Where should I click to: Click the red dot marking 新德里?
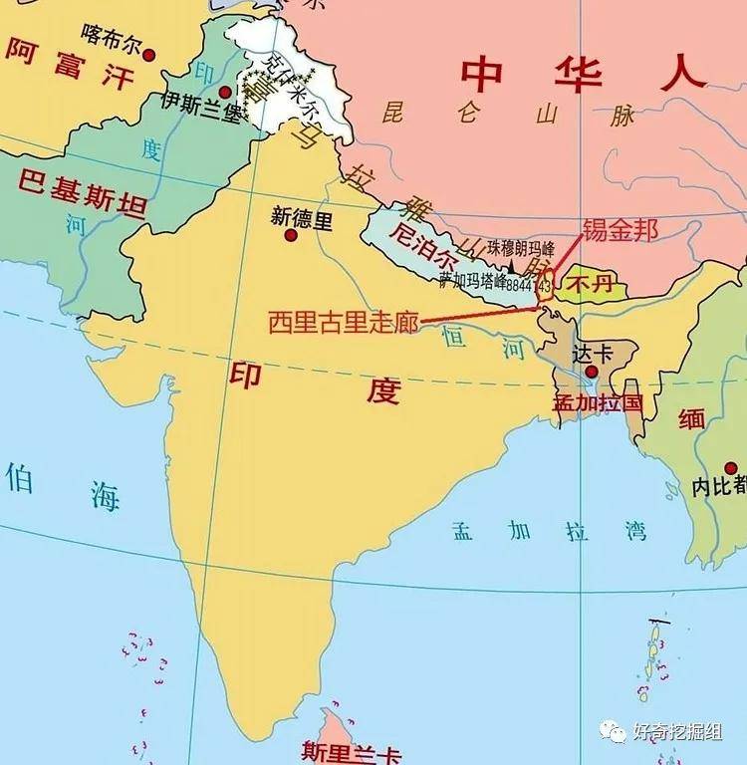coord(291,235)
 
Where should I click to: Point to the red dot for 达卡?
coord(592,372)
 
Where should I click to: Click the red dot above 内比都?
coord(730,467)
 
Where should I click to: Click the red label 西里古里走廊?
coord(343,322)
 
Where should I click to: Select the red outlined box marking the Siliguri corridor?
coord(545,285)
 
